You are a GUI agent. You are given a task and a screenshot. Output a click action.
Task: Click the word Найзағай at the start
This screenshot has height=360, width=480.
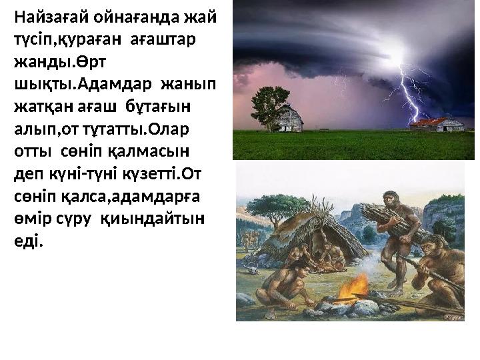point(46,15)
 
